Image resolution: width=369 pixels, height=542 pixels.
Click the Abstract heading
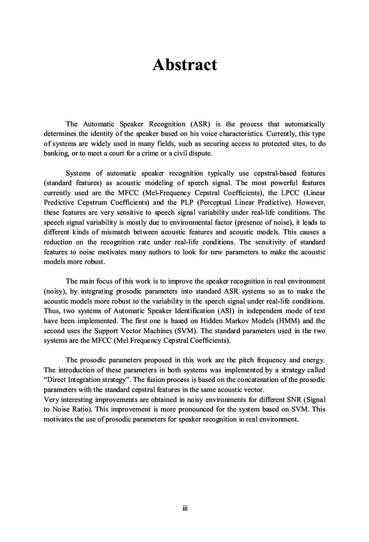point(184,65)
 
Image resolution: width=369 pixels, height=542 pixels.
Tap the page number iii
point(184,509)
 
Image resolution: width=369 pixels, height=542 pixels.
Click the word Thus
point(52,310)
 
